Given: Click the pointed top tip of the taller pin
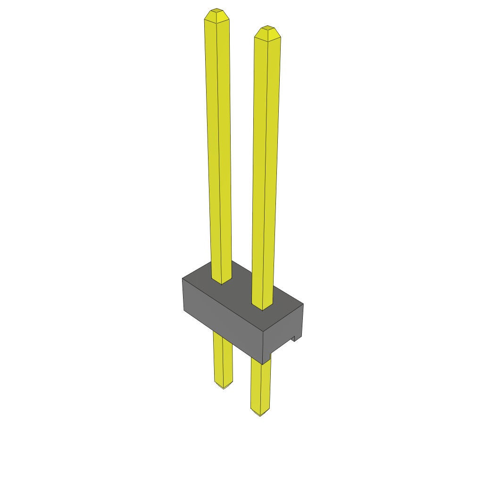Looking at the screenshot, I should coord(217,10).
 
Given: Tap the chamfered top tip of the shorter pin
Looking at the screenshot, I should coord(267,28).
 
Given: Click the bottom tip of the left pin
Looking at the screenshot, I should coord(224,387).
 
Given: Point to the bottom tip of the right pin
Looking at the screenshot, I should coord(260,414).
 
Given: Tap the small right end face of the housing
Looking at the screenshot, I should coord(283,330).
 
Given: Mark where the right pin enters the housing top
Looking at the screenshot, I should coord(263,308).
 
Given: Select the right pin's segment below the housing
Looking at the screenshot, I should coord(260,387).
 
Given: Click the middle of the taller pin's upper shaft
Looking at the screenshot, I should coord(218,142).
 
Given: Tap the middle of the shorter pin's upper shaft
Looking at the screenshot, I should coord(266,165).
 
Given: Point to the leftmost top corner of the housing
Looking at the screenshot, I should coord(182,278).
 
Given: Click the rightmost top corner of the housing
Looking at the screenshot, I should coord(303,304).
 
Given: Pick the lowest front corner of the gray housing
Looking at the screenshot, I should coord(262,364).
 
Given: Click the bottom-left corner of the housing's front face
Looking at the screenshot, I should coord(183,310).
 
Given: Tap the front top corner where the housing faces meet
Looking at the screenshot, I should coord(263,330).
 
